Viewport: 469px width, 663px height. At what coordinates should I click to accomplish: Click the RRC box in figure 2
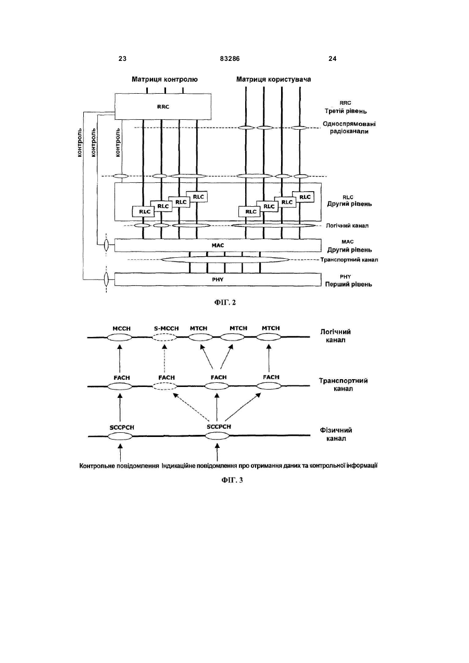pyautogui.click(x=163, y=107)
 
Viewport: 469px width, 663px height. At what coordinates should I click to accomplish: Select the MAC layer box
pyautogui.click(x=218, y=245)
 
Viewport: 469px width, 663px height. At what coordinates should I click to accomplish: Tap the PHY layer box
pyautogui.click(x=218, y=279)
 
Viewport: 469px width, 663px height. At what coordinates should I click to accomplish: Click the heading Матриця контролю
pyautogui.click(x=164, y=79)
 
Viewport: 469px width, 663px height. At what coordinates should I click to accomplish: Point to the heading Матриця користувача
pyautogui.click(x=273, y=79)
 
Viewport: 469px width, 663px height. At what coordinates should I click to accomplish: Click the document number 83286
pyautogui.click(x=230, y=59)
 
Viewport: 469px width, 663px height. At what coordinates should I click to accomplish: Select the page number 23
pyautogui.click(x=122, y=59)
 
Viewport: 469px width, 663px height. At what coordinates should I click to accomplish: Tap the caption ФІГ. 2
pyautogui.click(x=225, y=302)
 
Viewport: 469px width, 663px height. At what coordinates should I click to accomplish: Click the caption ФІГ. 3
pyautogui.click(x=232, y=480)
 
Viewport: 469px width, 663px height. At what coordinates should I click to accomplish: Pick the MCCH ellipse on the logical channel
pyautogui.click(x=119, y=337)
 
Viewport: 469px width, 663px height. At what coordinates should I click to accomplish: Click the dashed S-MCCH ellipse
pyautogui.click(x=164, y=337)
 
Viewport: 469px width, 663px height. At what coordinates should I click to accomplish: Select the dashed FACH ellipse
pyautogui.click(x=165, y=386)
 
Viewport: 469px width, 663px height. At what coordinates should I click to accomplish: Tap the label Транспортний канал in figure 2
pyautogui.click(x=349, y=260)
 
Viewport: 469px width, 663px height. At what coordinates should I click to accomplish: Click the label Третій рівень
pyautogui.click(x=346, y=111)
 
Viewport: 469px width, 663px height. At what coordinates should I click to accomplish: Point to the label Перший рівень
pyautogui.click(x=349, y=284)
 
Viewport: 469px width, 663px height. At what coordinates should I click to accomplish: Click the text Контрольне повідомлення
pyautogui.click(x=119, y=466)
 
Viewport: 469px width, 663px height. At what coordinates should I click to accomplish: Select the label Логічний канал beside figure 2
pyautogui.click(x=347, y=226)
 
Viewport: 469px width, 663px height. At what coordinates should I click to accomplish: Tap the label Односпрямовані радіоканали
pyautogui.click(x=349, y=128)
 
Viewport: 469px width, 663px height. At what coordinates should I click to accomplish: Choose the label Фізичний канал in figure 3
pyautogui.click(x=336, y=434)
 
